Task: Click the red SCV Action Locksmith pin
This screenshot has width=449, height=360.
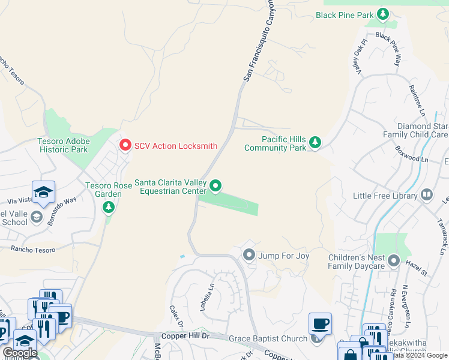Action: [x=125, y=145]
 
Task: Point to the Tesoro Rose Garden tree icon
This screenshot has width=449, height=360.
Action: [x=108, y=208]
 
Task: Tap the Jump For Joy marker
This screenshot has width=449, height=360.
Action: [x=249, y=256]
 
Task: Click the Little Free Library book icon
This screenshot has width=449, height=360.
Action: [x=426, y=194]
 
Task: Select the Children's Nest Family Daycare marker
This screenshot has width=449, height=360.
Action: [x=394, y=260]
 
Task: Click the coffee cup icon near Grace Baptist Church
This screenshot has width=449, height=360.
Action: [x=320, y=323]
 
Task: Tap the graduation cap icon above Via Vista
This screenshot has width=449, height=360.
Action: [x=44, y=191]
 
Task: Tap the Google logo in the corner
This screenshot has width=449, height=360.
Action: [x=20, y=353]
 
